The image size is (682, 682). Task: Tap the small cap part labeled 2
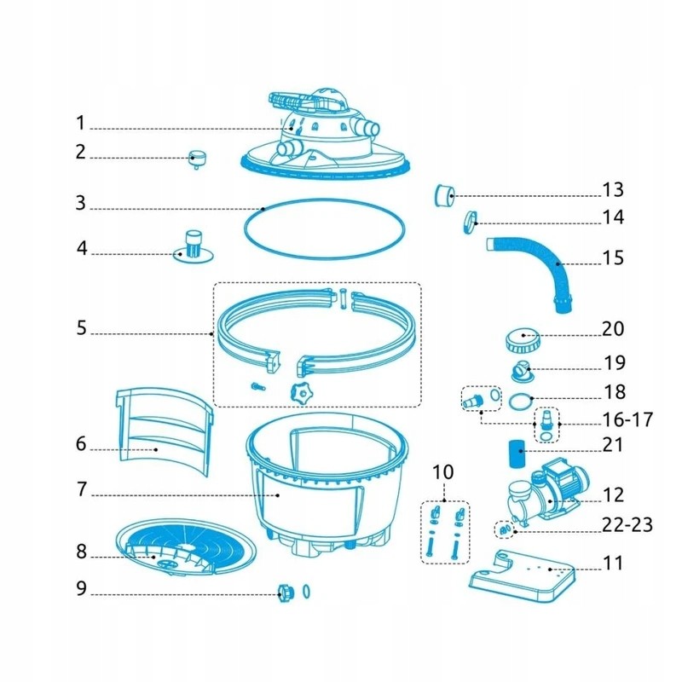click(198, 157)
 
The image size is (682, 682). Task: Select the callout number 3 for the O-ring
click(80, 204)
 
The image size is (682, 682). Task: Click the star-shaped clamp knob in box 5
click(300, 393)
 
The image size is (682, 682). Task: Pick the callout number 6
click(80, 444)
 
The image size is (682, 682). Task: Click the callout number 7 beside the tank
click(80, 490)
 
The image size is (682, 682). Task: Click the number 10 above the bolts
click(444, 471)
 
